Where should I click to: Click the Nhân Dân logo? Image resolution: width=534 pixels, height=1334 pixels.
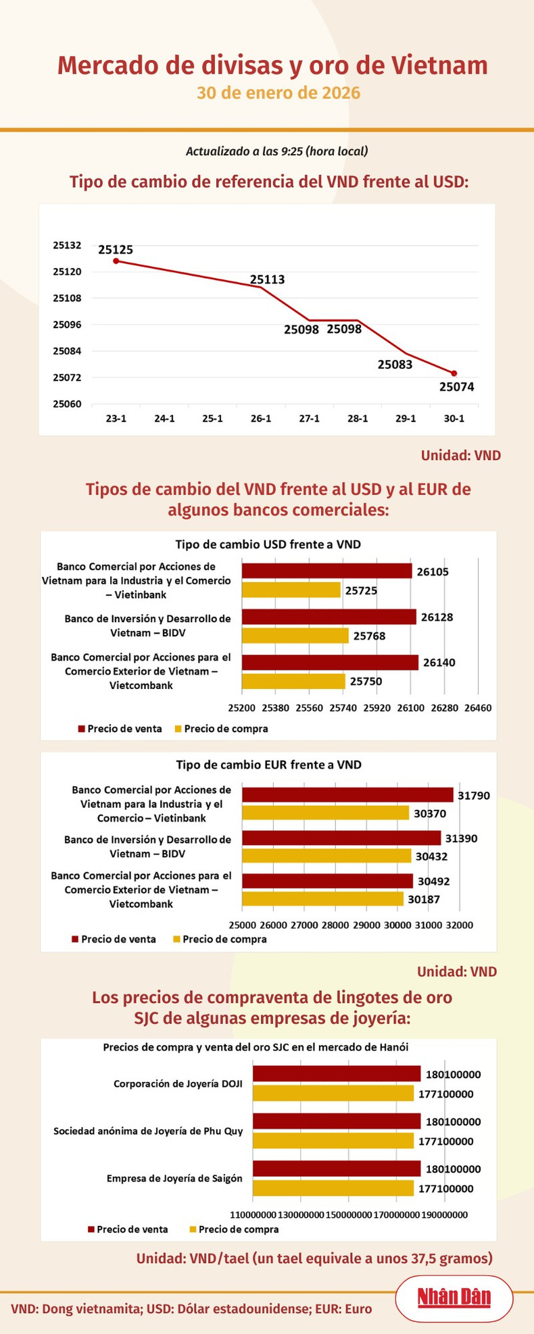[454, 1298]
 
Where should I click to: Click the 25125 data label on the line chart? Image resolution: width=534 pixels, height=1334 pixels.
[116, 249]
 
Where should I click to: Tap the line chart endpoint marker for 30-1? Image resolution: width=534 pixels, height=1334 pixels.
[454, 374]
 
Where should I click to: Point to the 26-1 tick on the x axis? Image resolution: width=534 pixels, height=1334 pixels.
[261, 419]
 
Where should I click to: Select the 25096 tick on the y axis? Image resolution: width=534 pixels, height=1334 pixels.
[67, 325]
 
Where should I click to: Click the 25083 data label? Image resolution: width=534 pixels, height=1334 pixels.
[395, 365]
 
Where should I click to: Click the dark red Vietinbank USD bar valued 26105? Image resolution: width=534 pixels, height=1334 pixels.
[326, 571]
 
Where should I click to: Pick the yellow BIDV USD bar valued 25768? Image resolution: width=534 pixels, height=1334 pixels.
[295, 636]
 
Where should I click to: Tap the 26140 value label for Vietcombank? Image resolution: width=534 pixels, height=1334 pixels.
[439, 663]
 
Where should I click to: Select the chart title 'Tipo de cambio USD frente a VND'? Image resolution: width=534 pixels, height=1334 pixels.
[268, 544]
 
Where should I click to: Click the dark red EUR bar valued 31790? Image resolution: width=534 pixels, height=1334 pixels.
[347, 795]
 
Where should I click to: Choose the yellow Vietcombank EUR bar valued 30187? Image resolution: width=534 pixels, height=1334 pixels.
[322, 899]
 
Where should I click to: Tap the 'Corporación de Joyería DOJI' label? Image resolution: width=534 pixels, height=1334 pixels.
[178, 1084]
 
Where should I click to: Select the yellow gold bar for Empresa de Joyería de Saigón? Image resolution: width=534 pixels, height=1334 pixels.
[333, 1188]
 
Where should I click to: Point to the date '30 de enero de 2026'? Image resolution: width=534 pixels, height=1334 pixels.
[278, 93]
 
